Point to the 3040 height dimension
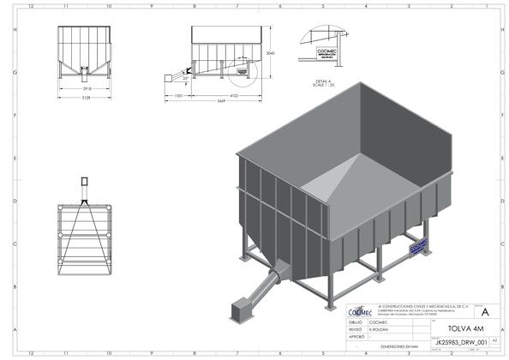pos(270,53)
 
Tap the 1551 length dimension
pos(179,97)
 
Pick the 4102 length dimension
pos(222,97)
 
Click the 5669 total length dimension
pos(221,102)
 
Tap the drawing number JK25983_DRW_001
pos(460,340)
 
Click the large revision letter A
pos(485,312)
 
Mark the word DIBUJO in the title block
pos(353,321)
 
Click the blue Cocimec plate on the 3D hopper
pos(419,244)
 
